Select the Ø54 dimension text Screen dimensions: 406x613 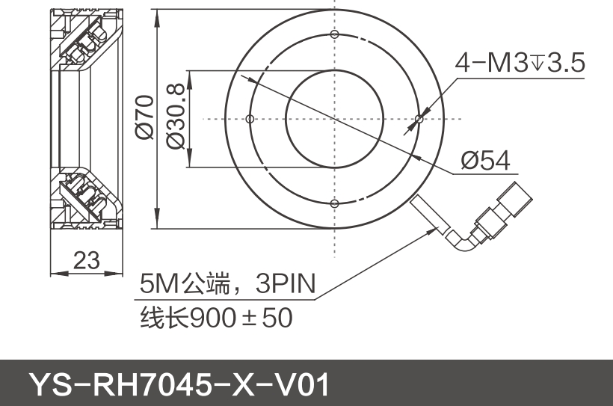pos(485,160)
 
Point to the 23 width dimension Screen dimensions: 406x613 pos(87,260)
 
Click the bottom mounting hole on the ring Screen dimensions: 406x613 pos(334,203)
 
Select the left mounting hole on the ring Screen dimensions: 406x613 pos(250,118)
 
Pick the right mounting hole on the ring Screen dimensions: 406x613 pos(419,118)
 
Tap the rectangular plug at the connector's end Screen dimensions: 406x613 pos(516,198)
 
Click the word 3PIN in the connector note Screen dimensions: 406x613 pos(286,284)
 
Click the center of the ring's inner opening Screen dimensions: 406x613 pos(334,118)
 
